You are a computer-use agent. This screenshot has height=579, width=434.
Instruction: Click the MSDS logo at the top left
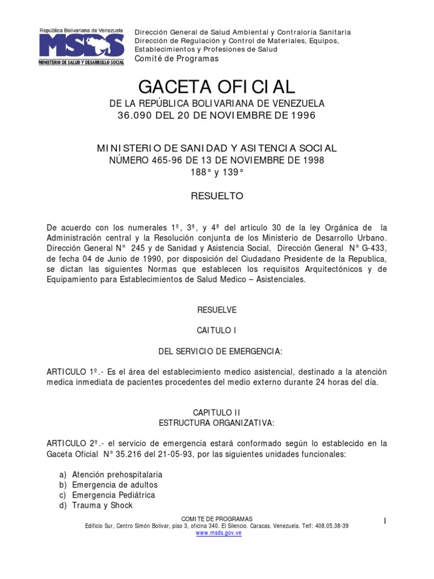click(81, 46)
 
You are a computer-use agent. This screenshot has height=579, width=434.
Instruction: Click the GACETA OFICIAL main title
click(217, 87)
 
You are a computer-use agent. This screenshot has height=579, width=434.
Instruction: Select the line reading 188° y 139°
click(217, 172)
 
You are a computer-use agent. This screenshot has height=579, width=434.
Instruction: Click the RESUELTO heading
click(217, 196)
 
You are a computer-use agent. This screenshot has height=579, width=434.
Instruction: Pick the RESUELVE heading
click(217, 310)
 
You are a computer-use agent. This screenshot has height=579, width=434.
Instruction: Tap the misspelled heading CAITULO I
click(217, 330)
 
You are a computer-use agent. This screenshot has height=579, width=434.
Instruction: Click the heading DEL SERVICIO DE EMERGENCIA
click(220, 352)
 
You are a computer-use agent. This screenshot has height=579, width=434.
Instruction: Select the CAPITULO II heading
click(217, 413)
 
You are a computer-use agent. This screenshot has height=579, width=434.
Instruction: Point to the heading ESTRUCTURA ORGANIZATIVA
click(217, 422)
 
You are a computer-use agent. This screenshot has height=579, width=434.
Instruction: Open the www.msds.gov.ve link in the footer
click(219, 533)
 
